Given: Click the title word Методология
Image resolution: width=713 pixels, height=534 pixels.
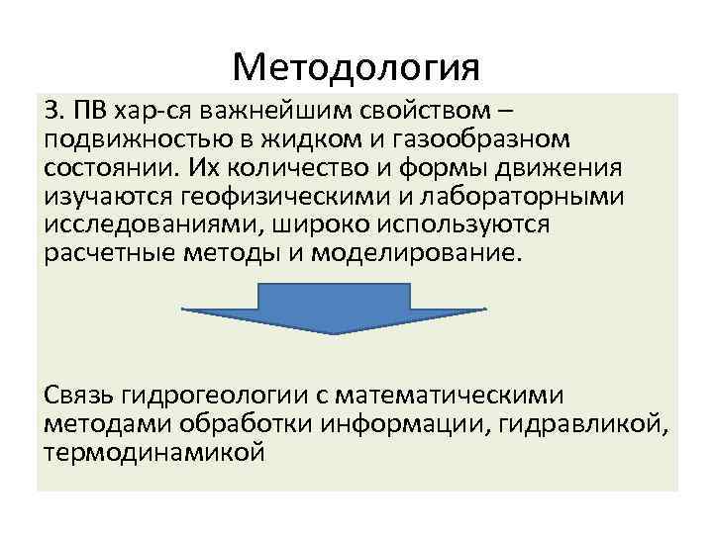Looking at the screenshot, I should tap(356, 68).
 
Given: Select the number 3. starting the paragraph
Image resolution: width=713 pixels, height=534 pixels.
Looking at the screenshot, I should tap(54, 108).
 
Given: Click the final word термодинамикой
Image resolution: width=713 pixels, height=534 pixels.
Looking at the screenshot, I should tap(154, 454).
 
